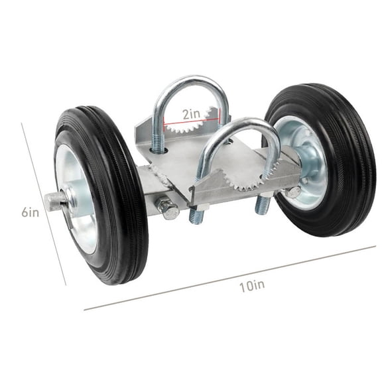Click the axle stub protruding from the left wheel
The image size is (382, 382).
point(56,199)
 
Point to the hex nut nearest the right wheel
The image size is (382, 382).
point(292,192)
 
